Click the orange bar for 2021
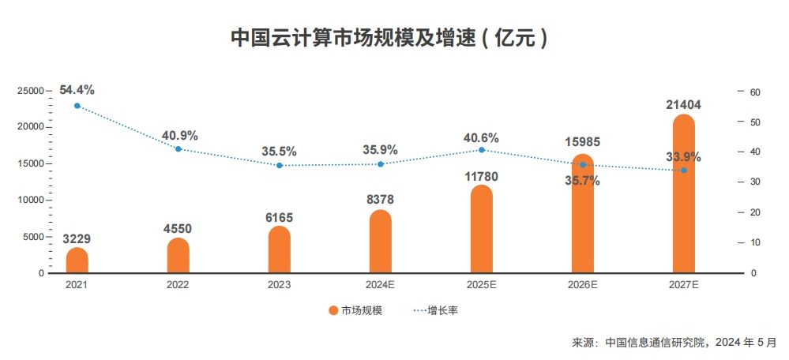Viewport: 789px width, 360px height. [x=77, y=261]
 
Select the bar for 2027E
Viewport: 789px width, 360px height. [x=684, y=194]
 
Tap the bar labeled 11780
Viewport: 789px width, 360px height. [x=482, y=229]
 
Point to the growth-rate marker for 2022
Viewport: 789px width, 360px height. [x=178, y=149]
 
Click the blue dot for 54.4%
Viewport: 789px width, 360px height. [x=77, y=106]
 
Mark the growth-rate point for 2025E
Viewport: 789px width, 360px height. [x=482, y=150]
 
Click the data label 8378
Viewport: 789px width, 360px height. [x=380, y=200]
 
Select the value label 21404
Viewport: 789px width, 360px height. [x=684, y=104]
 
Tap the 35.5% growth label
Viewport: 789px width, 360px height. [x=279, y=152]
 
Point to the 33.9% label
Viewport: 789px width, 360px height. [x=684, y=157]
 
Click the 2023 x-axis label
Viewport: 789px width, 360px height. [x=279, y=284]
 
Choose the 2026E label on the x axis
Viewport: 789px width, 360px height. [x=583, y=284]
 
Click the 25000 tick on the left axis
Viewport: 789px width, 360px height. [x=31, y=91]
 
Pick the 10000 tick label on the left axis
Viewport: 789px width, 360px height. [x=31, y=200]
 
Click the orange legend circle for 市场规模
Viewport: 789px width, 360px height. [x=333, y=311]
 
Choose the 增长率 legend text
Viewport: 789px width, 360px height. [x=443, y=311]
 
